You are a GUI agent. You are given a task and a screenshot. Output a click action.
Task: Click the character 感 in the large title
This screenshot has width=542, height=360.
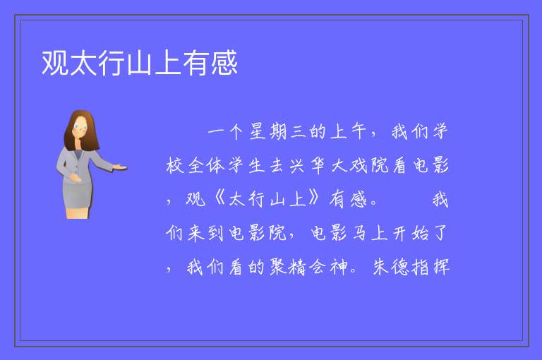tap(224, 63)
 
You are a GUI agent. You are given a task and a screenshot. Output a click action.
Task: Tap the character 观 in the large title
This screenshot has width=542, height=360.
tap(55, 63)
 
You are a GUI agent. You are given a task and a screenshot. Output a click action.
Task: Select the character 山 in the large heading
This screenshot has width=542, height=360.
tap(140, 63)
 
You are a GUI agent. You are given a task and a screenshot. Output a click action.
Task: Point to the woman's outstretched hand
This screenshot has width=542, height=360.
tap(119, 168)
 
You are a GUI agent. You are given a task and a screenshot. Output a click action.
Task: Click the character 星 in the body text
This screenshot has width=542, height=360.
tap(258, 132)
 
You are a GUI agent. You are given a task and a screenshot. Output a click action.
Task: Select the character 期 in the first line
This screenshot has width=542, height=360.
tap(278, 132)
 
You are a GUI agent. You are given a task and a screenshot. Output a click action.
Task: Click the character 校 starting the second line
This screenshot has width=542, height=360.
tap(174, 165)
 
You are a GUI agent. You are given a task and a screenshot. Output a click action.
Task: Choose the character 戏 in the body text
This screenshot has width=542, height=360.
tap(359, 165)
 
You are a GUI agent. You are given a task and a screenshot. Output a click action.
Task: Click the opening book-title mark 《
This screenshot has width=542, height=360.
tap(220, 198)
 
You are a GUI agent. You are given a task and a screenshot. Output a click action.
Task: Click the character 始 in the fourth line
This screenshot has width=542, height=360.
tap(421, 233)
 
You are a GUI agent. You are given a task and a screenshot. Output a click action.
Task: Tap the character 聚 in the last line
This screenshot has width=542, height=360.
tap(278, 267)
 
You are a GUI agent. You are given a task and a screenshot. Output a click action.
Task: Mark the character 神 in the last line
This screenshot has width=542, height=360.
tap(339, 267)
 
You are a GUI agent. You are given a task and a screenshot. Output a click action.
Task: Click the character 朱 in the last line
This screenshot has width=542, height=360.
tap(381, 267)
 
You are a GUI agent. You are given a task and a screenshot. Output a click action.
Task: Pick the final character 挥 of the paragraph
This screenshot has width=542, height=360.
tap(441, 267)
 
